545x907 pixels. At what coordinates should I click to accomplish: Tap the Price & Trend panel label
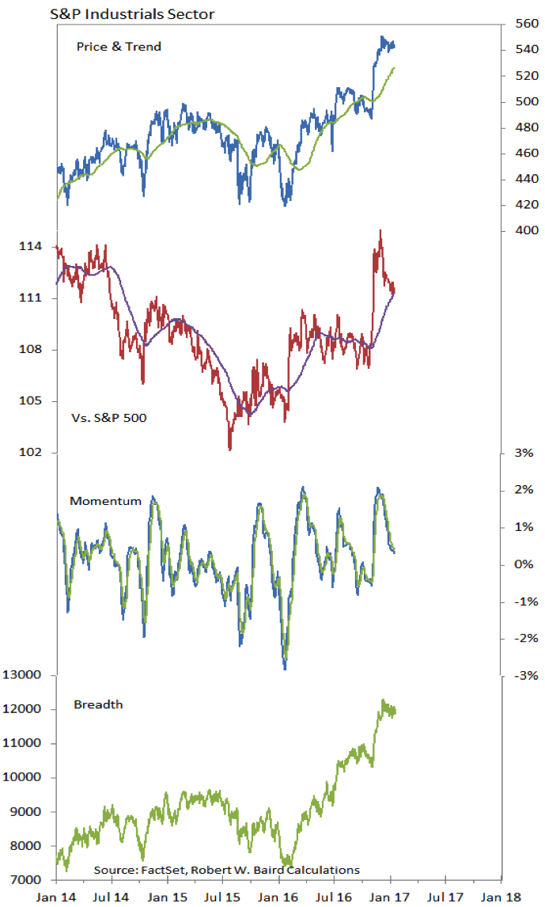point(119,47)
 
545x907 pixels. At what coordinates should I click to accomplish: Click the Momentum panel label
point(105,501)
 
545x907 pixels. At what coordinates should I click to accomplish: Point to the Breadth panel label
point(98,704)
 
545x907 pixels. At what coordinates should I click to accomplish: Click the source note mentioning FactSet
point(226,870)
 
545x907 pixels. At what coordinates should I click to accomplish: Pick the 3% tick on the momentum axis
point(524,453)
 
